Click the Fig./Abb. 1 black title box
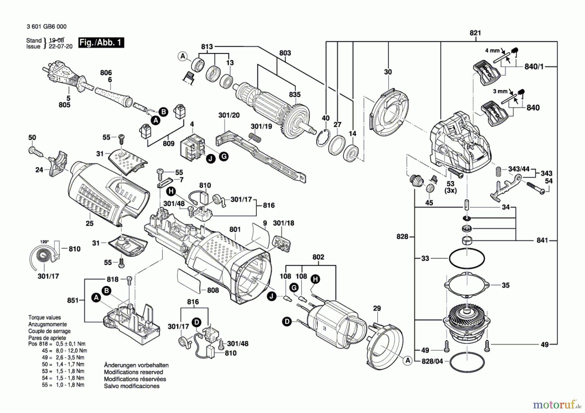pyautogui.click(x=101, y=43)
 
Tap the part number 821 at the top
pyautogui.click(x=475, y=33)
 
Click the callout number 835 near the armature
pyautogui.click(x=295, y=95)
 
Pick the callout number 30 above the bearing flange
pyautogui.click(x=388, y=72)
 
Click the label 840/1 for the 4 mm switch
pyautogui.click(x=534, y=67)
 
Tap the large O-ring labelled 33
pyautogui.click(x=467, y=259)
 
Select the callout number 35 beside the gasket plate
pyautogui.click(x=505, y=285)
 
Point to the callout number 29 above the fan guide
pyautogui.click(x=377, y=308)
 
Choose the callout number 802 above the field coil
pyautogui.click(x=318, y=257)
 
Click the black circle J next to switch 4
pyautogui.click(x=211, y=159)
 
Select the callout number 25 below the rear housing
pyautogui.click(x=89, y=223)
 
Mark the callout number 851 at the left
pyautogui.click(x=73, y=300)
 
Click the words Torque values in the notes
pyautogui.click(x=45, y=317)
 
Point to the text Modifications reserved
pyautogui.click(x=133, y=372)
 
